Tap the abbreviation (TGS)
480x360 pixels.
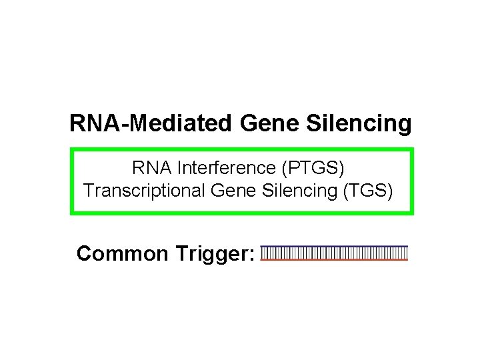tap(367, 191)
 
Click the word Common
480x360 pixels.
tap(122, 253)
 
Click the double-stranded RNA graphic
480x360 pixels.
tap(334, 253)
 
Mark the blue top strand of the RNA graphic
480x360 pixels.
tap(334, 246)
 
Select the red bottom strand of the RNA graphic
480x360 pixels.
tap(334, 260)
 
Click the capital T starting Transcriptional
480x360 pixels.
tap(89, 191)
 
